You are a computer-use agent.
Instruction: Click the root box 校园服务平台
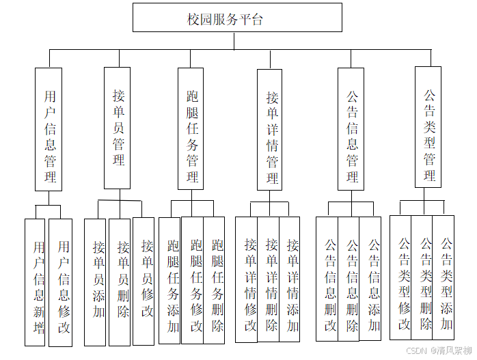(237, 18)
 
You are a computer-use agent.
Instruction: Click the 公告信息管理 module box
(351, 128)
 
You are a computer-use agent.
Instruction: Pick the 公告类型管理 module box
(429, 127)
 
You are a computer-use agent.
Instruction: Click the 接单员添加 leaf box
(96, 281)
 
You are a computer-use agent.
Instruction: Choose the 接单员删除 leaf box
(120, 281)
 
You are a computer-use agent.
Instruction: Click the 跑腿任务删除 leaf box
(216, 280)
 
